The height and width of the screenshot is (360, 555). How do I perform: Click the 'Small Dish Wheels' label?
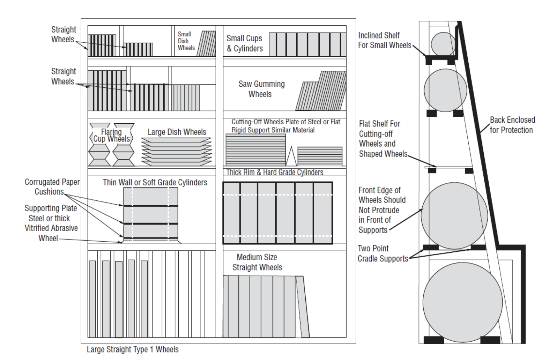tap(186, 41)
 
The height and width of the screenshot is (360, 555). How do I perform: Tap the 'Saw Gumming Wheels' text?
tap(261, 89)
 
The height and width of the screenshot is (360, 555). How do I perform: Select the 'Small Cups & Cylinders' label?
tap(245, 44)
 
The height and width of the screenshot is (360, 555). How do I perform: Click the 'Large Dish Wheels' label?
tap(177, 132)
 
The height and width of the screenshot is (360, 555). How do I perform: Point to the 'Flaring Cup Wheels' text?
tap(111, 136)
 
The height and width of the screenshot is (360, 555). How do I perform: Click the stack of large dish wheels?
tap(176, 152)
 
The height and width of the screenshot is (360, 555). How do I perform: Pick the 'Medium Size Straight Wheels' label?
tap(257, 262)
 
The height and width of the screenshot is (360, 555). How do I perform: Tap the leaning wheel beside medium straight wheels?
tap(303, 307)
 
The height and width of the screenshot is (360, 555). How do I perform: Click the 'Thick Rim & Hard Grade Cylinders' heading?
tap(274, 172)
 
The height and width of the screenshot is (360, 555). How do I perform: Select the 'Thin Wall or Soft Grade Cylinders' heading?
tap(155, 183)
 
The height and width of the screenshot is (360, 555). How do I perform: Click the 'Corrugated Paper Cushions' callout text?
tap(52, 187)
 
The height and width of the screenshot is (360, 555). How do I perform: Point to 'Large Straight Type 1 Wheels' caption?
tap(132, 349)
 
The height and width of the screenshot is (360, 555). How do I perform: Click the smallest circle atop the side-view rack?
tap(443, 44)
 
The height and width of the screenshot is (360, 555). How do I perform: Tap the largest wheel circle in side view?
tap(462, 302)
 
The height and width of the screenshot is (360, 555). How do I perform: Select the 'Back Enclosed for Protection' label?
tap(512, 125)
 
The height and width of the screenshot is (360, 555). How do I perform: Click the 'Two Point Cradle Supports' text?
tap(383, 254)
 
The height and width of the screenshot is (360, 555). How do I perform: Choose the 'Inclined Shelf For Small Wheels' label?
tap(384, 40)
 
